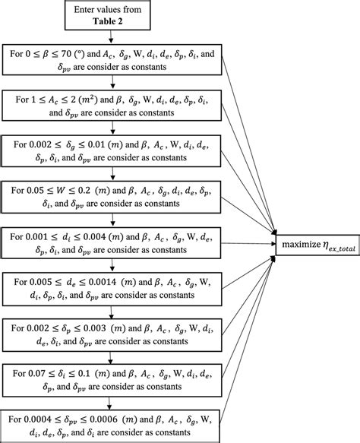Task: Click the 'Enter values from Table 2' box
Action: coord(111,17)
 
